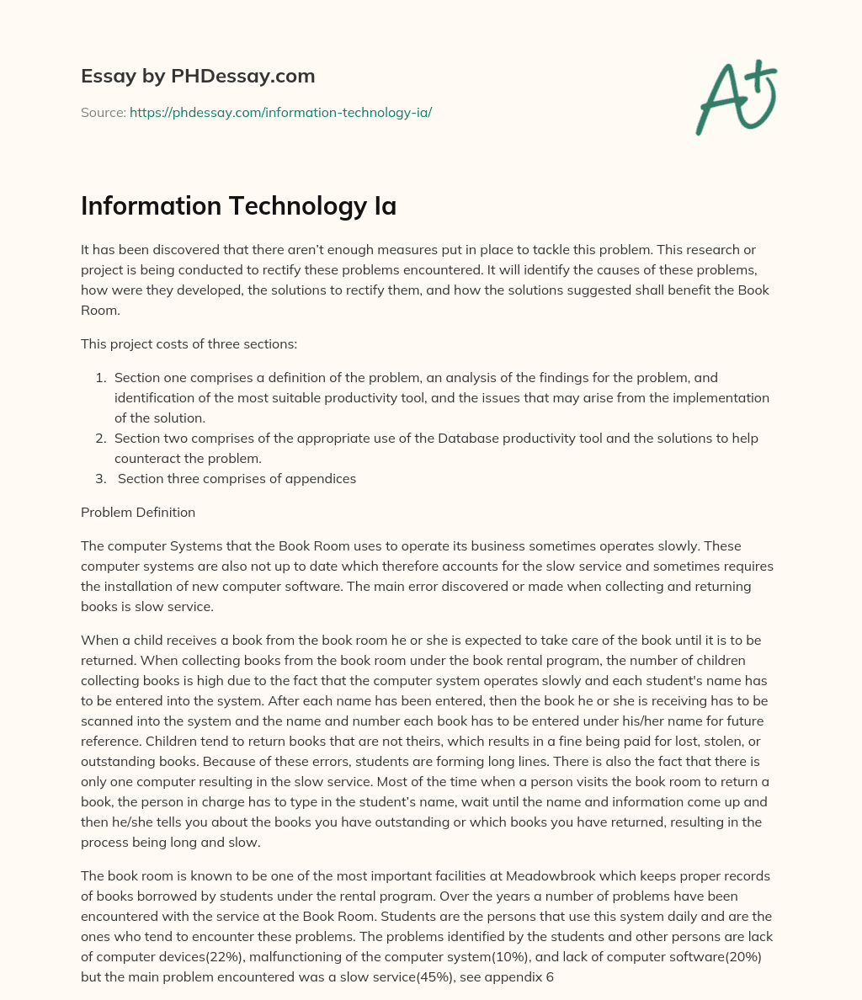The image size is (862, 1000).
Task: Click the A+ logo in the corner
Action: click(x=737, y=97)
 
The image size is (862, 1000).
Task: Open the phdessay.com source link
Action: click(x=280, y=112)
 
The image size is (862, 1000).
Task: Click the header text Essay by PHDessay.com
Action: click(x=198, y=76)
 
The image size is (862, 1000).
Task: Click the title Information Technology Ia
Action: click(x=238, y=205)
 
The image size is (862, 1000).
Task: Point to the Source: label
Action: click(x=103, y=112)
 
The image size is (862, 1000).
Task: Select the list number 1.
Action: click(x=100, y=377)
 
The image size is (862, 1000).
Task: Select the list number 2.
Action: click(x=100, y=438)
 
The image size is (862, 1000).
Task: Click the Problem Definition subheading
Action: click(x=138, y=512)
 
